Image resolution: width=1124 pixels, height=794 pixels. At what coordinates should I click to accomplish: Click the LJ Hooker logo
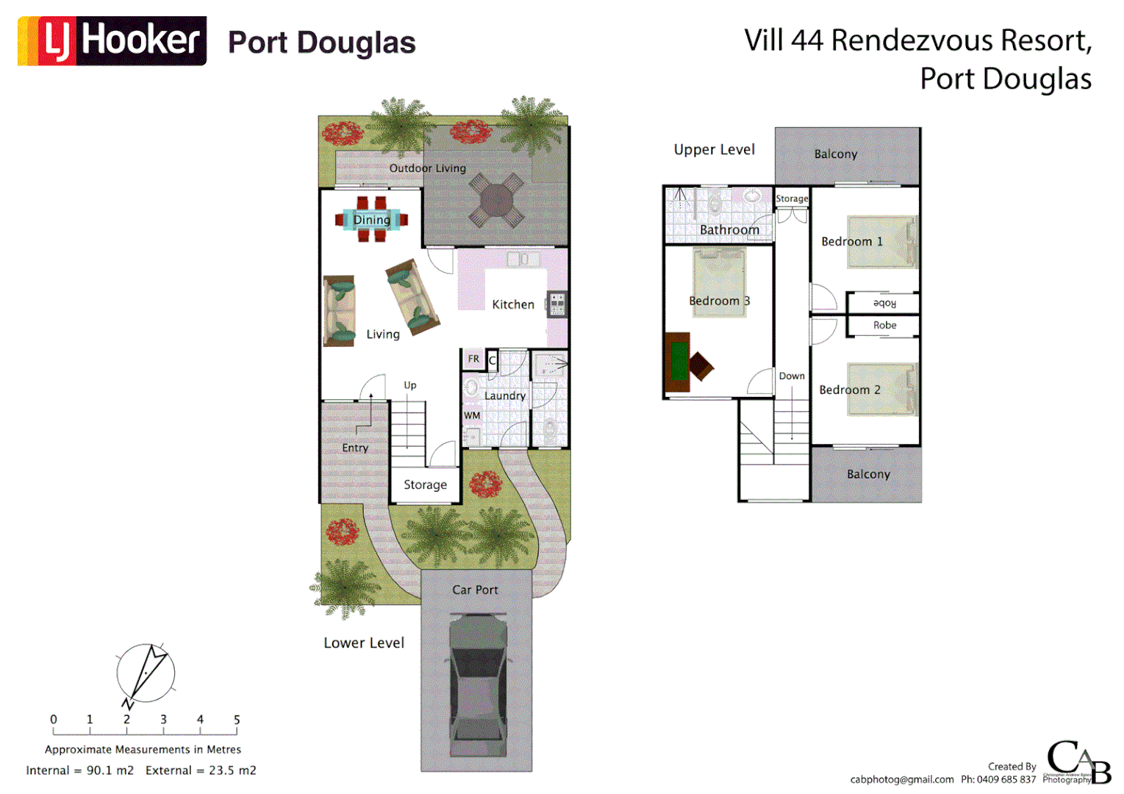pos(112,41)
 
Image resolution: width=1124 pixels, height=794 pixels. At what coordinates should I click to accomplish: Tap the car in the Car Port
pos(479,684)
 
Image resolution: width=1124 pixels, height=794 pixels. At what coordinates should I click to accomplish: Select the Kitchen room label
pos(513,304)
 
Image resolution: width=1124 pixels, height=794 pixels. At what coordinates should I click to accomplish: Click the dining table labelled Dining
pos(372,219)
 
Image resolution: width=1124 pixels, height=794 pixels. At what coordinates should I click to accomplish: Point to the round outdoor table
pos(497,200)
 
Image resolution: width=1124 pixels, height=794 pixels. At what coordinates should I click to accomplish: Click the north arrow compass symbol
pos(146,673)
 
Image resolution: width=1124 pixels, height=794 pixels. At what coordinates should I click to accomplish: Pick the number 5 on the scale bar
pos(237,720)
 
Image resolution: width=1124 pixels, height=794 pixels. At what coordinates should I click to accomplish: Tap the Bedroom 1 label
pos(852,241)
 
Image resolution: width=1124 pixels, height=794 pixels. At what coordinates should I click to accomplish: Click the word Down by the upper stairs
pos(792,376)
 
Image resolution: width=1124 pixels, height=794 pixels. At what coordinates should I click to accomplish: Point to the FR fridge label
pos(473,359)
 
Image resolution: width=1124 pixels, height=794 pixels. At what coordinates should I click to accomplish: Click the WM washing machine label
pos(472,415)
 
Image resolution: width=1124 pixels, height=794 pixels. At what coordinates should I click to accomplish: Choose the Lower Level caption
pos(364,643)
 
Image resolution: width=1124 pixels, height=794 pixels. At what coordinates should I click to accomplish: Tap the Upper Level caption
pos(714,149)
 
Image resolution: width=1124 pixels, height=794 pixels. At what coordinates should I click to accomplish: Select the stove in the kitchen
pos(557,304)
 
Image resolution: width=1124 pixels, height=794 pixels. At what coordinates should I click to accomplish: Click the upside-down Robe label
pos(884,303)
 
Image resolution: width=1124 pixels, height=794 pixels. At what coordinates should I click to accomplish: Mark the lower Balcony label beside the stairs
pos(868,474)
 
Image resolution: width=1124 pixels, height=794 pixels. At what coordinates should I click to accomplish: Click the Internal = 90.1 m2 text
pos(80,770)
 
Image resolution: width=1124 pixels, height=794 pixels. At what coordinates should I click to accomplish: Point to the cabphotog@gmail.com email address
pos(902,779)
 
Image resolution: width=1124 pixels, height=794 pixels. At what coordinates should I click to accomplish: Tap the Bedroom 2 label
pos(850,390)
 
